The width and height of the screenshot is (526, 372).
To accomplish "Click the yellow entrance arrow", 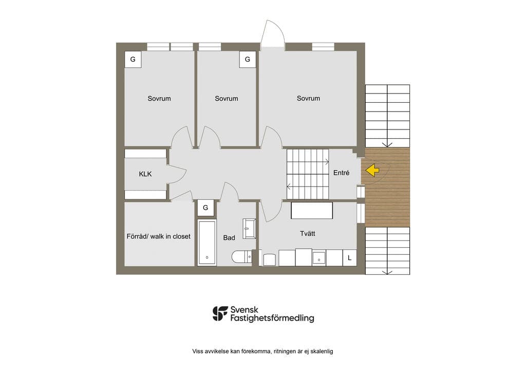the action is pos(372,171).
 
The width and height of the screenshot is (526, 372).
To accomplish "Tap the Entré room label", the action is pos(341,173).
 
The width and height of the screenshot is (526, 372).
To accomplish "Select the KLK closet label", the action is pos(145,174).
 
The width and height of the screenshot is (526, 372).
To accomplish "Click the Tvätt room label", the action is pos(307,233).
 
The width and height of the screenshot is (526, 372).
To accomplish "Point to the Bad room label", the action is pos(229,238).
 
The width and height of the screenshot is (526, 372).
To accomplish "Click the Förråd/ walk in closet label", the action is pos(158,236).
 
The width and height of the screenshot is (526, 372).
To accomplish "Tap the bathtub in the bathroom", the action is pos(206,243).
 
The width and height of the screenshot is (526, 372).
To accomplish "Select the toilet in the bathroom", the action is pos(241,257).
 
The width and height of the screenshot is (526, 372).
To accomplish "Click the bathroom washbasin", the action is pos(249,229).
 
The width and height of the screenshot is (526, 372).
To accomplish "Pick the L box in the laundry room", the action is pos(349,258).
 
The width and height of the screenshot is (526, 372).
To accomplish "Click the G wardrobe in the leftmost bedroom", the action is pos(133,60).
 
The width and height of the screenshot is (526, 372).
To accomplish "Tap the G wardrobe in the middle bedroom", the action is pos(248,60).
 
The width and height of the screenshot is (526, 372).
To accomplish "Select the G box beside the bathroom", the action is pos(205,208).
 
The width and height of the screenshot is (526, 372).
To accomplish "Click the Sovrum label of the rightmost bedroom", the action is pos(308,98).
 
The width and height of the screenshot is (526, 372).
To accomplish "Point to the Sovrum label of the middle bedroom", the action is pos(227,99).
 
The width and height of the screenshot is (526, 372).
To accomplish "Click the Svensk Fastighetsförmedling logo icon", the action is pos(220,313).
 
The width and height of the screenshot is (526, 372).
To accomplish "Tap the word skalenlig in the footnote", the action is pos(322,351).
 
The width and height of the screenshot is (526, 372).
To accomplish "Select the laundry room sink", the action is pos(319,258).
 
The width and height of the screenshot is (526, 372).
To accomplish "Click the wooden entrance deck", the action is pos(387,187).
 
